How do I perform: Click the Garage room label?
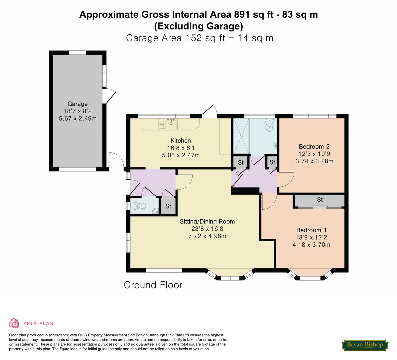[77, 104]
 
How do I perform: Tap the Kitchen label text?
[181, 141]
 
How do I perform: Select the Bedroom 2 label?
[314, 147]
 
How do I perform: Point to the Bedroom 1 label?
[311, 230]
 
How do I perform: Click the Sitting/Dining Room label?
[207, 222]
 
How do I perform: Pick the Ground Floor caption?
[153, 285]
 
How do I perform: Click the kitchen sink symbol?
[171, 124]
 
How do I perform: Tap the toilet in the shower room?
[270, 125]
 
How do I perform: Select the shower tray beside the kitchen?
[241, 136]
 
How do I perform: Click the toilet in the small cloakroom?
[140, 206]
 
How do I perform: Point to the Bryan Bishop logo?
[365, 345]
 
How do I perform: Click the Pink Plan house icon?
[14, 323]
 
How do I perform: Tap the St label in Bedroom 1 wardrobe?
[320, 200]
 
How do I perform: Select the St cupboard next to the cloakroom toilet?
[168, 206]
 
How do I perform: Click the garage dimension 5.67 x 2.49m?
[78, 118]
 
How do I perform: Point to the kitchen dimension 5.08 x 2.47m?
[181, 155]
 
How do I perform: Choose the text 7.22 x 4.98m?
[207, 236]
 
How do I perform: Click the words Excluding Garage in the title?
[199, 26]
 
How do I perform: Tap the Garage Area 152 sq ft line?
[200, 38]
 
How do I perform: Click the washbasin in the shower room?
[273, 146]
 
